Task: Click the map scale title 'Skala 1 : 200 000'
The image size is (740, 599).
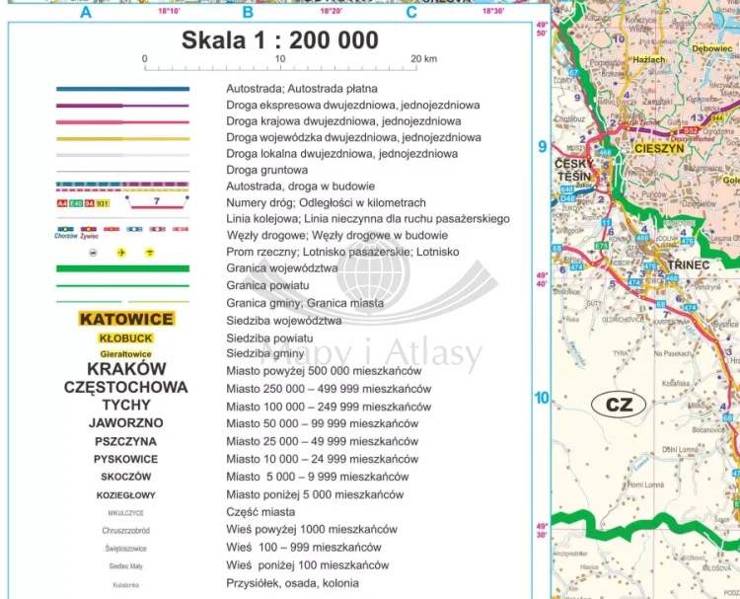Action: (279, 40)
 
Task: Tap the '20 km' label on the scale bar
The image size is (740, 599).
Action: (423, 59)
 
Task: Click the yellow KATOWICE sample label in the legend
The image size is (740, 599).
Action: (125, 319)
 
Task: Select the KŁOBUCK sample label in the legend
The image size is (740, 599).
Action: (125, 337)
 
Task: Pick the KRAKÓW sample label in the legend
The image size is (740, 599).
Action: (125, 369)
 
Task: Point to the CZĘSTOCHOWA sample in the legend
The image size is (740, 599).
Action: (125, 387)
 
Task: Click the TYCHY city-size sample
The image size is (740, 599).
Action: (125, 405)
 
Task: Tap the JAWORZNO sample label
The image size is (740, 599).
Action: (125, 422)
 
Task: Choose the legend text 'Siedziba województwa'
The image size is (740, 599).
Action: (284, 321)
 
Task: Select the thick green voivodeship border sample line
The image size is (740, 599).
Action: (123, 267)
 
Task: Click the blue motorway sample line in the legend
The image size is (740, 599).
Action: (123, 89)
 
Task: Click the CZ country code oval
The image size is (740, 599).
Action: (618, 404)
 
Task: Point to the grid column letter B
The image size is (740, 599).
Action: (248, 13)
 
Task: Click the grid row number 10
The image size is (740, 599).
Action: (541, 398)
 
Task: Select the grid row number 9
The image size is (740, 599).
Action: (541, 147)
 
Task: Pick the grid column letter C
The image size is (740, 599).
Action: (410, 13)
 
